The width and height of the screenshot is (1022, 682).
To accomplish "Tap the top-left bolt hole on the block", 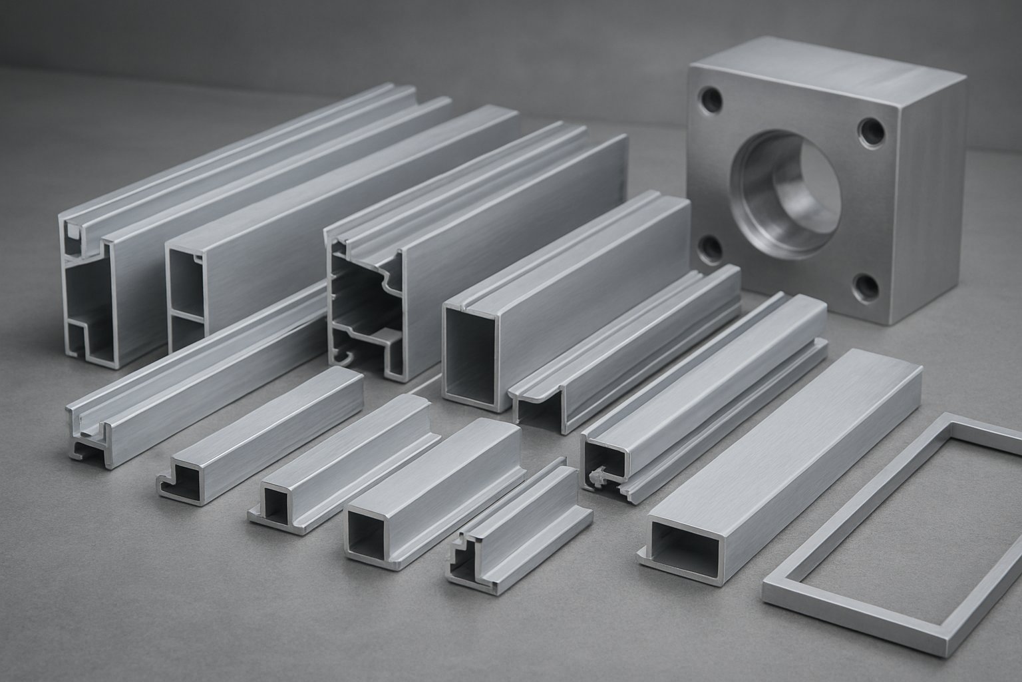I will tap(711, 101).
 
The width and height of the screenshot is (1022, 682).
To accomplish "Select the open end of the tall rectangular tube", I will tap(468, 353).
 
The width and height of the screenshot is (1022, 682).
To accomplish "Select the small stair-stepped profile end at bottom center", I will tap(466, 556).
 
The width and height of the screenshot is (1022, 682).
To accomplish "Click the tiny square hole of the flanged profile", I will tap(275, 502).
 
